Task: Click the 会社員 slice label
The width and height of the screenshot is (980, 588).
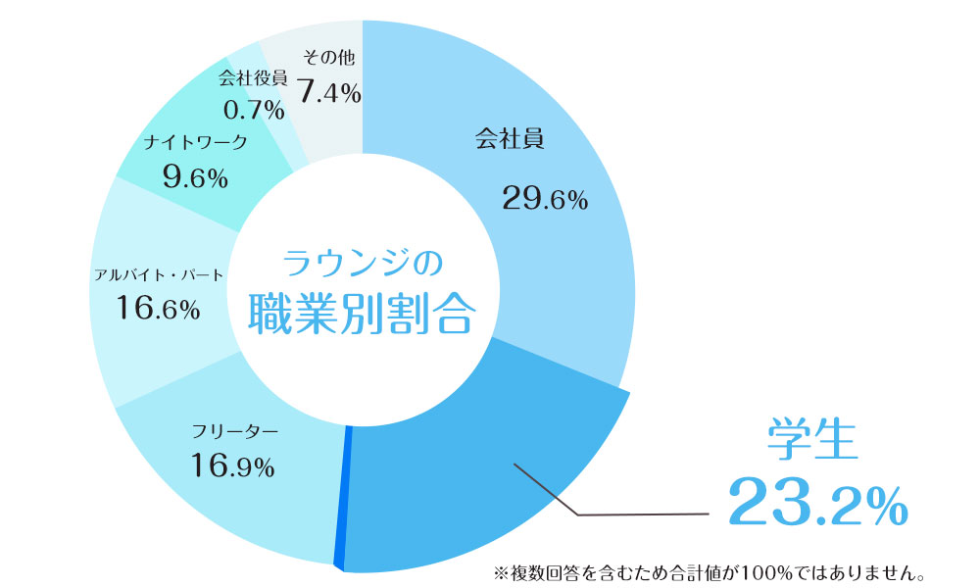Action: pyautogui.click(x=509, y=140)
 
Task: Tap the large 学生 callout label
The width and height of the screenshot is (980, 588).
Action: pyautogui.click(x=812, y=440)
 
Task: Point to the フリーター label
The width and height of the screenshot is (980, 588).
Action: pyautogui.click(x=236, y=431)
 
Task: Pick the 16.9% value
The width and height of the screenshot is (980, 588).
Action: pyautogui.click(x=232, y=465)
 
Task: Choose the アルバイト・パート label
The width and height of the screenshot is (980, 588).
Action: pyautogui.click(x=159, y=274)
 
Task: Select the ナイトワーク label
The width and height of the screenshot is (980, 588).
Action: pyautogui.click(x=195, y=143)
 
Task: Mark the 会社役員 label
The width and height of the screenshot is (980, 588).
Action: pyautogui.click(x=253, y=78)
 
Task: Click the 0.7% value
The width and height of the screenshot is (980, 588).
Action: pyautogui.click(x=253, y=109)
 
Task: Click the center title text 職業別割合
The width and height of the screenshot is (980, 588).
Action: pyautogui.click(x=362, y=314)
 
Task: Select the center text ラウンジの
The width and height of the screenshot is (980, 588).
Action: pyautogui.click(x=363, y=263)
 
